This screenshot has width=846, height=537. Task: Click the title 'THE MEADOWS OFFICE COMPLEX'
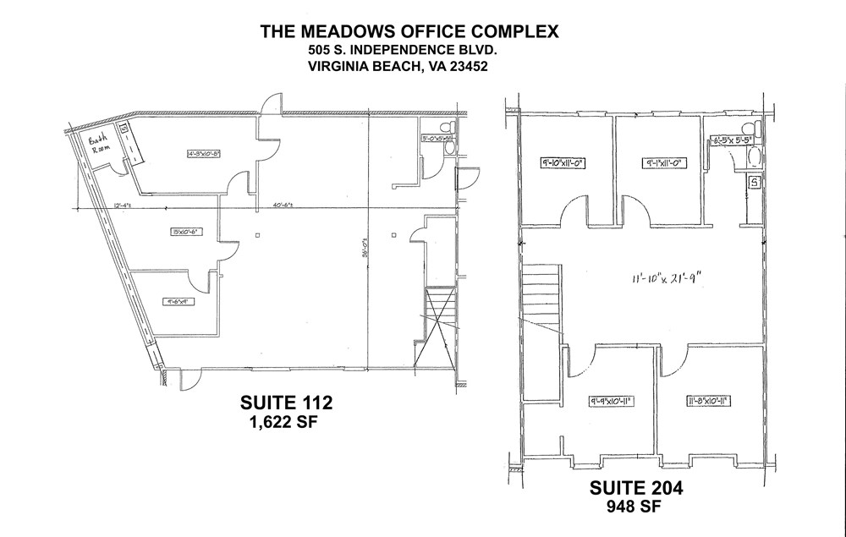click(409, 31)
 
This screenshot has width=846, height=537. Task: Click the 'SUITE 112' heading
click(287, 402)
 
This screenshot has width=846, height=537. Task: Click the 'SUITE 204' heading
click(635, 488)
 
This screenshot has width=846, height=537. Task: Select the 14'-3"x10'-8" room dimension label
click(193, 153)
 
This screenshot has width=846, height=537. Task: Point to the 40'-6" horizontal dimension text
click(283, 205)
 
